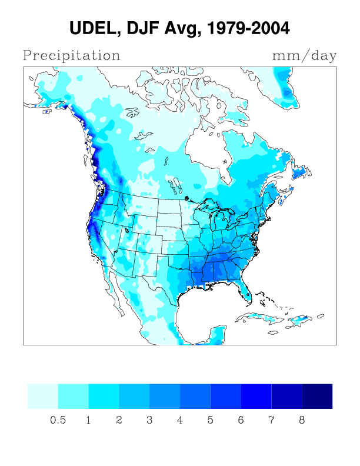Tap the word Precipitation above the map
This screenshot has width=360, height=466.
pyautogui.click(x=71, y=56)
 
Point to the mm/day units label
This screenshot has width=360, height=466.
pyautogui.click(x=304, y=56)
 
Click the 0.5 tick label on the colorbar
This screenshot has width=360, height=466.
pyautogui.click(x=58, y=421)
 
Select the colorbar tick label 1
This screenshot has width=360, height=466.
pyautogui.click(x=88, y=421)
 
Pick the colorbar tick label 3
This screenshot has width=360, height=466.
pyautogui.click(x=149, y=421)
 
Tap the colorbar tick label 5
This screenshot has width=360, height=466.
pyautogui.click(x=211, y=421)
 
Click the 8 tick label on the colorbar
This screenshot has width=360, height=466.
pyautogui.click(x=302, y=421)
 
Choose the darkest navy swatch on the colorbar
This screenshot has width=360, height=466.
pyautogui.click(x=317, y=396)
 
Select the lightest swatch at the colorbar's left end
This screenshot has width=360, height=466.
pyautogui.click(x=43, y=396)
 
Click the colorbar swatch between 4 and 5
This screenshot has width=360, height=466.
pyautogui.click(x=195, y=396)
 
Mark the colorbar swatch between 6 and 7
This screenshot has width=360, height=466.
pyautogui.click(x=256, y=396)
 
